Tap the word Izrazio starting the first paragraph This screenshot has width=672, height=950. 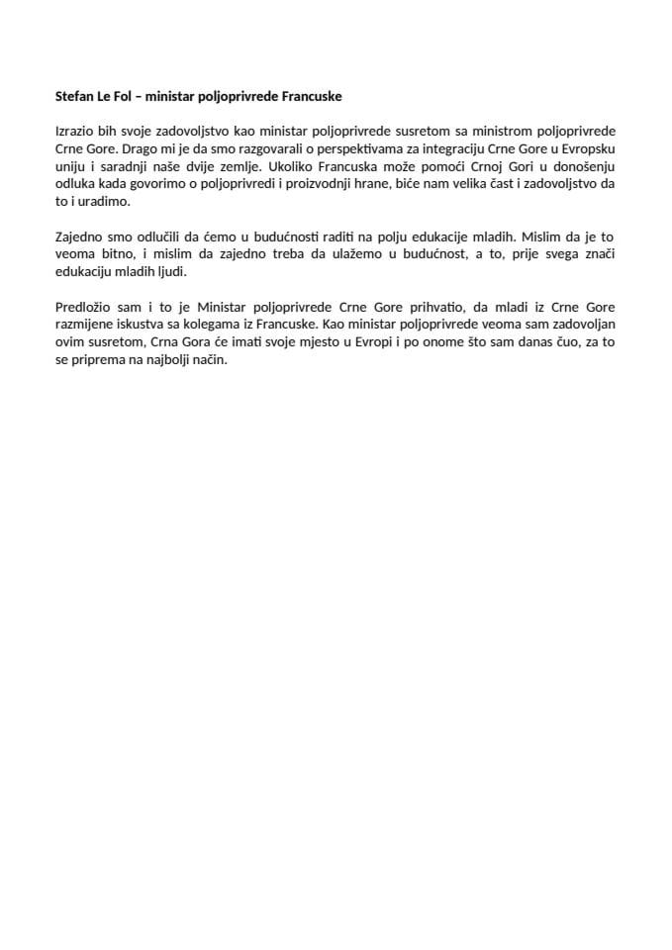pos(75,132)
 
